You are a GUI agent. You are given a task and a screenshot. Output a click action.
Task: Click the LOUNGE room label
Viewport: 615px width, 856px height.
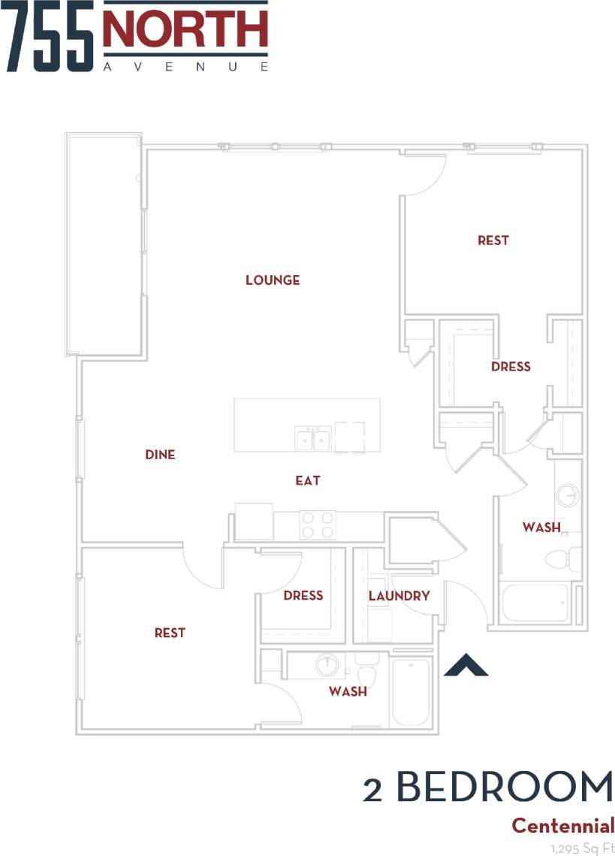pos(273,280)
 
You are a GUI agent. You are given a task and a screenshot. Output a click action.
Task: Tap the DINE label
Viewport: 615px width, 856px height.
pos(160,455)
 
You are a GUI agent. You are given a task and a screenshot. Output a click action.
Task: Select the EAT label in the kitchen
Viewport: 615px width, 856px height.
pos(308,480)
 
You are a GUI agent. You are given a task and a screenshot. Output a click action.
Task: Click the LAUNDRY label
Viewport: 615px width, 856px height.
pos(399,596)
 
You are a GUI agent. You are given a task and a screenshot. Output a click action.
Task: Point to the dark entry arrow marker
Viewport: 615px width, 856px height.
pos(466,666)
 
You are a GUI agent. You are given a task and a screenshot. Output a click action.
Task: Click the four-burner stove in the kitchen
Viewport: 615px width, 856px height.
pos(317,524)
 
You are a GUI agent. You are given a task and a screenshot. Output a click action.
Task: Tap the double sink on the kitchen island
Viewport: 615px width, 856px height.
pos(313,438)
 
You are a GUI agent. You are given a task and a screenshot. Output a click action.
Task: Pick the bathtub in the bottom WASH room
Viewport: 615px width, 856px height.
pos(410,691)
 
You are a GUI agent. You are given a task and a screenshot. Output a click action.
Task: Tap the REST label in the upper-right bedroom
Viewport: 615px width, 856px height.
pos(493,240)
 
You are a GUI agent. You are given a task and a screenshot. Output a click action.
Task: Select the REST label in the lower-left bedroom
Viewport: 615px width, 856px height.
pos(170,633)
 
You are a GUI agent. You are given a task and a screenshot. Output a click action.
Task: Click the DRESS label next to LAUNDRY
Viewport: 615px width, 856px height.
pos(303,595)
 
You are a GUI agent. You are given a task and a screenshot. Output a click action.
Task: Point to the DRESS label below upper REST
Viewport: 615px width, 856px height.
pos(511,367)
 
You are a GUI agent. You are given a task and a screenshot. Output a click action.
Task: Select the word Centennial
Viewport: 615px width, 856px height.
pos(562,826)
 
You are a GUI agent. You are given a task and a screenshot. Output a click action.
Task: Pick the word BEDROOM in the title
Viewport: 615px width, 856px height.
pos(504,788)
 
